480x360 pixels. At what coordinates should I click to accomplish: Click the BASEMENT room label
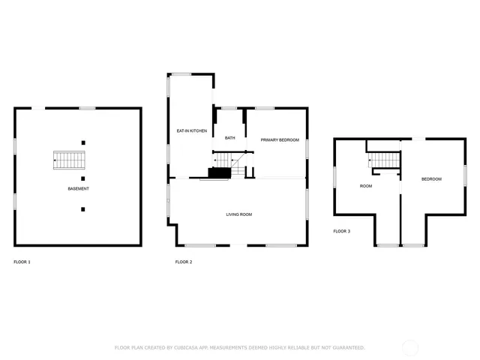tap(77, 188)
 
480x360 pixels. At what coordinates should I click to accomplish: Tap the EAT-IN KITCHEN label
tap(191, 131)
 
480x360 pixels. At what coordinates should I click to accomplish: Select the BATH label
tap(229, 138)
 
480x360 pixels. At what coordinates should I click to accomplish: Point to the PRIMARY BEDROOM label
tap(280, 140)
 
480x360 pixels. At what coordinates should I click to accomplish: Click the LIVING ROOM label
tap(238, 214)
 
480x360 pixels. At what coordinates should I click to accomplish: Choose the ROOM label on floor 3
tap(366, 186)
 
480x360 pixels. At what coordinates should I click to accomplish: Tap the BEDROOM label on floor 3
tap(431, 179)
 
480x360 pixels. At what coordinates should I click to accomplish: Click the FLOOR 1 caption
tap(22, 262)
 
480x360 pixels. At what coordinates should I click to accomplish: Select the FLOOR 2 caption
tap(184, 262)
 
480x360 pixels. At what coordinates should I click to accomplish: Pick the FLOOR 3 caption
tap(342, 232)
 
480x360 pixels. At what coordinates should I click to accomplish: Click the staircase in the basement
tap(70, 160)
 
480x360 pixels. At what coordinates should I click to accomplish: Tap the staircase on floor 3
tap(384, 160)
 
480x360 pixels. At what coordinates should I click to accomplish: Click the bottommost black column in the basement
tap(83, 209)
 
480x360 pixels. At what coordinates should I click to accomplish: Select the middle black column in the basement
tap(83, 178)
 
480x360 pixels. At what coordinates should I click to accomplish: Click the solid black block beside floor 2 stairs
tap(218, 173)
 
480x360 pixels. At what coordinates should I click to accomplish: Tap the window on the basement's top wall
tap(88, 109)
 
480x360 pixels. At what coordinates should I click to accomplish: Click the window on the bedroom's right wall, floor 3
tap(465, 175)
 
